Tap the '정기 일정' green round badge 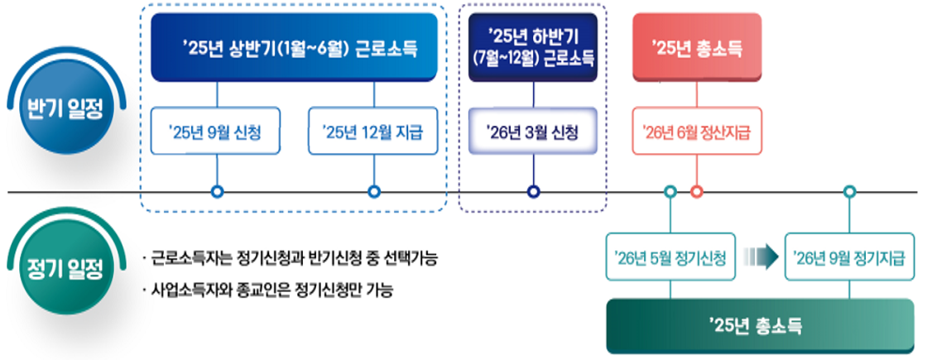[x=65, y=268]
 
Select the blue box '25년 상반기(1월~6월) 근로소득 [x=294, y=48]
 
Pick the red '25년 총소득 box [x=696, y=48]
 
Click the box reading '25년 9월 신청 [x=217, y=132]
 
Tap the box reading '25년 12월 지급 [x=373, y=132]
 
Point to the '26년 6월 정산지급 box [x=697, y=132]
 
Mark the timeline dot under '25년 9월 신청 [x=217, y=192]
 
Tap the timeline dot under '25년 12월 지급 [x=373, y=192]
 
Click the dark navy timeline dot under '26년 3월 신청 [x=533, y=192]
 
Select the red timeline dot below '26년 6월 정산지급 [x=697, y=192]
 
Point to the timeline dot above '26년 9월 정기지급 [x=849, y=192]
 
